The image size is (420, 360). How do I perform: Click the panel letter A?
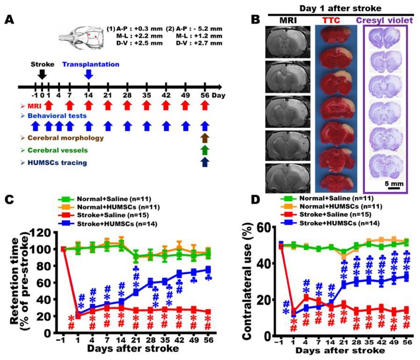coord(9,21)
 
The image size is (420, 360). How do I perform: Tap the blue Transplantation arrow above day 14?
coord(89,74)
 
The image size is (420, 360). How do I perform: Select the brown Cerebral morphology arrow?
coord(205,137)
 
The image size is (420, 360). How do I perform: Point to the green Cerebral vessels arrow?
coord(205,150)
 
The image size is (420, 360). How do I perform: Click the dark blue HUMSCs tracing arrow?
coord(205,163)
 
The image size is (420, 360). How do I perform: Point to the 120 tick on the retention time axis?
coord(45,232)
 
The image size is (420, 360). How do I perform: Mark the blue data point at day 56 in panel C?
coord(208,269)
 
